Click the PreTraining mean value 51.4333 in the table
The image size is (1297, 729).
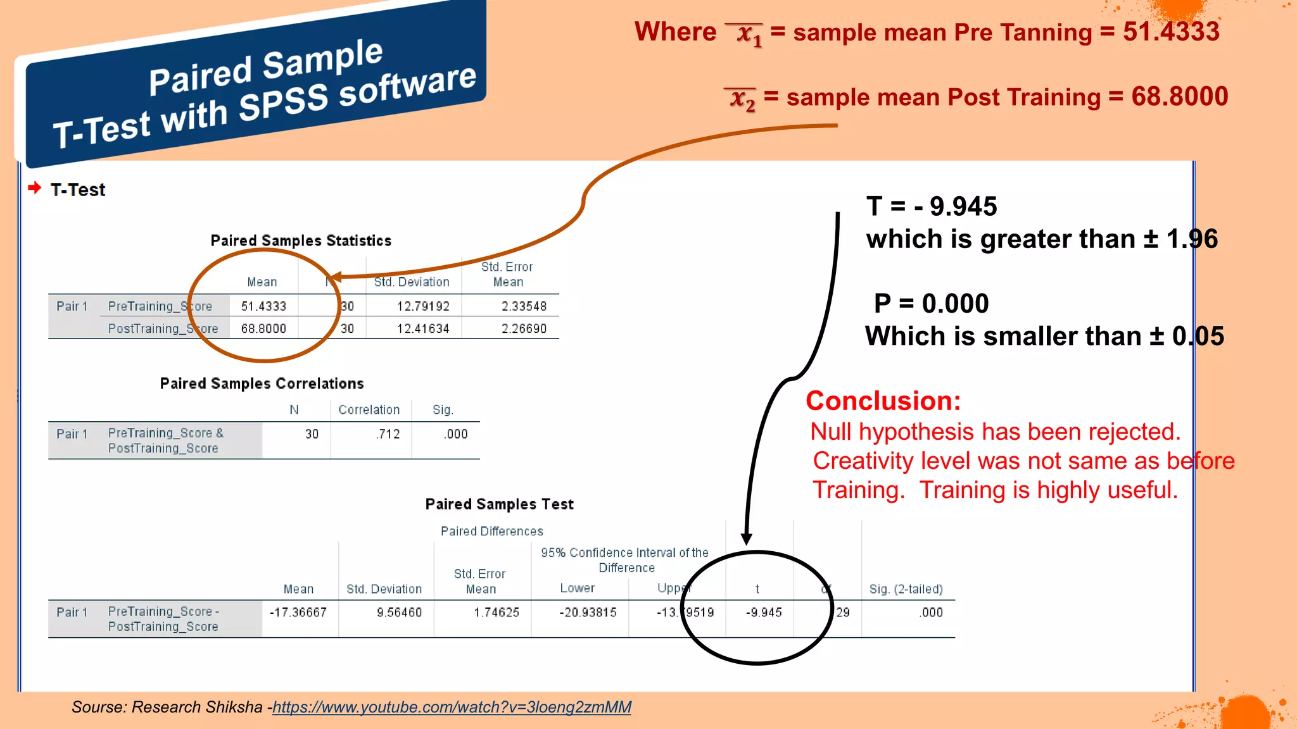click(x=263, y=306)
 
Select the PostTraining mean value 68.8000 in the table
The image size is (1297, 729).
click(x=263, y=328)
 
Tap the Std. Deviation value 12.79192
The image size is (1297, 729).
click(x=423, y=306)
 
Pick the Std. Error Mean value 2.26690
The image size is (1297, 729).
click(x=524, y=328)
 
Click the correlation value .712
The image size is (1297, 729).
click(x=388, y=434)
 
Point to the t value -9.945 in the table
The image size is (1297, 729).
click(x=764, y=613)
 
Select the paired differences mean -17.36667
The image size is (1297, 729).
click(x=298, y=613)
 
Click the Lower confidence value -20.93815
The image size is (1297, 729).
click(x=588, y=613)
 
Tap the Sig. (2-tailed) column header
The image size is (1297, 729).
click(x=906, y=589)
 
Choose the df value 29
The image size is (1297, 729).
click(x=843, y=613)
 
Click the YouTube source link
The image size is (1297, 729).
click(x=452, y=707)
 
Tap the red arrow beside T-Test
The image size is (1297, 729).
click(x=35, y=188)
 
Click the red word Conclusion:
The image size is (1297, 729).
click(x=883, y=401)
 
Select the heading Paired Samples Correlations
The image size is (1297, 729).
click(x=262, y=383)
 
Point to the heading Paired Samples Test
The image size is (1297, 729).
click(x=499, y=504)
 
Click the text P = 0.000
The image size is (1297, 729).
click(x=931, y=304)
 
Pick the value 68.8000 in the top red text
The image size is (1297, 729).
click(x=1179, y=97)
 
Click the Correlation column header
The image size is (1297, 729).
click(x=369, y=410)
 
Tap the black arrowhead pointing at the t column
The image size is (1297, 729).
click(x=747, y=539)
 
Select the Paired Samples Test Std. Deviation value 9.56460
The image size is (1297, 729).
click(x=399, y=613)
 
